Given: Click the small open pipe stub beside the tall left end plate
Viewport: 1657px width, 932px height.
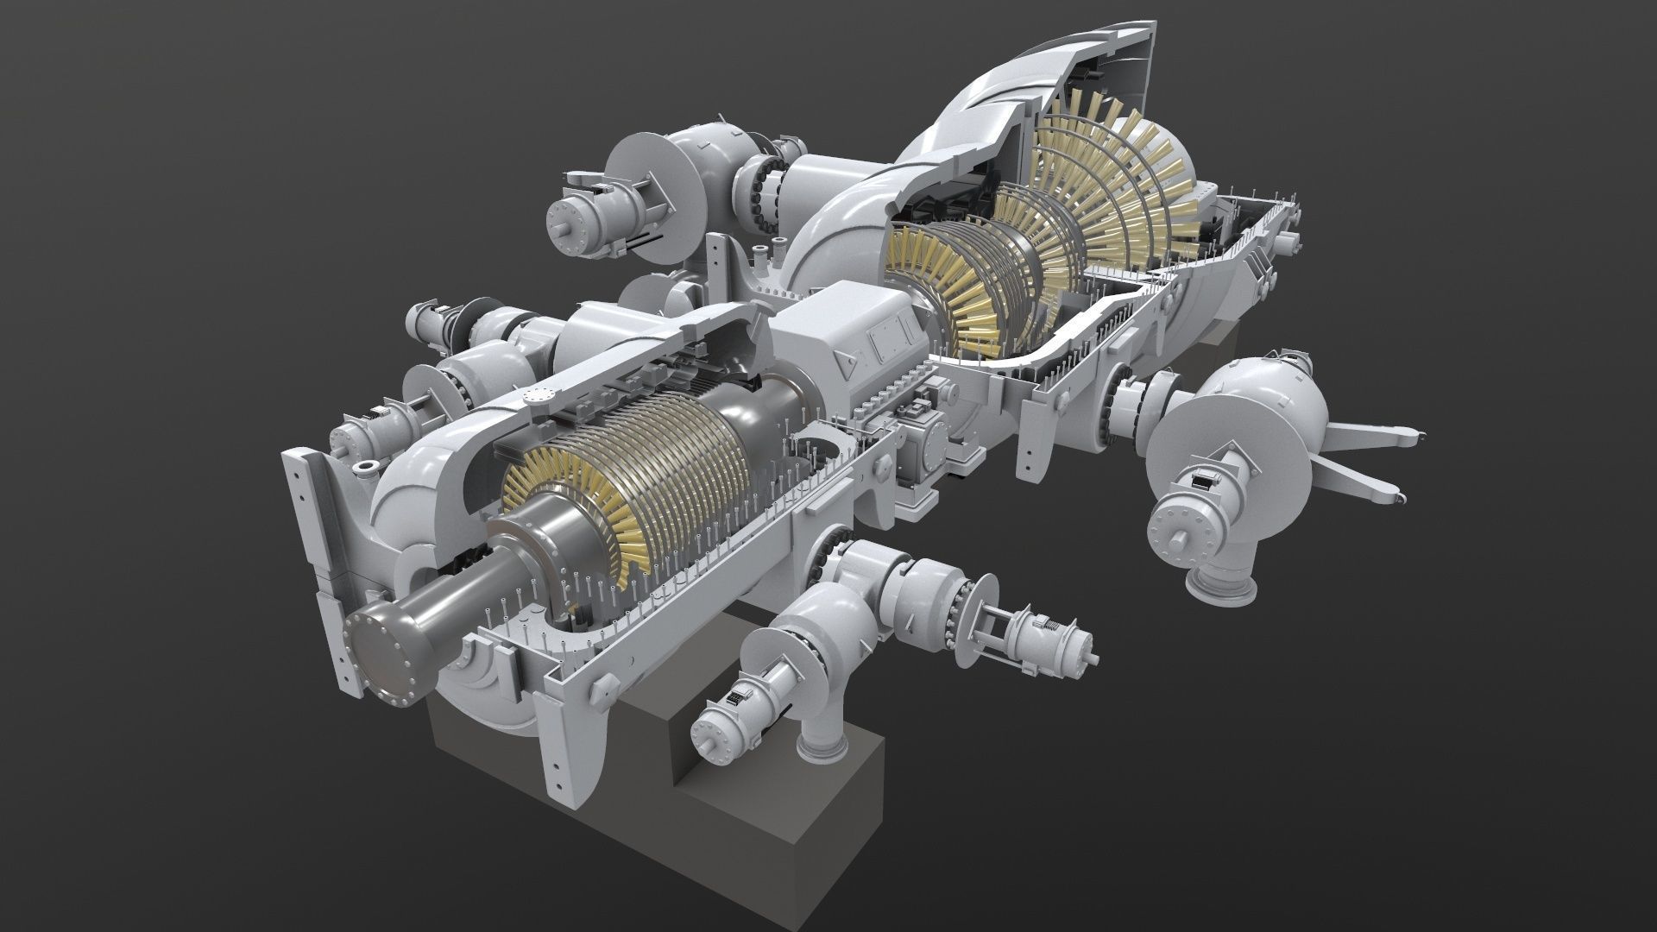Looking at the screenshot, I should coord(364,468).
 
